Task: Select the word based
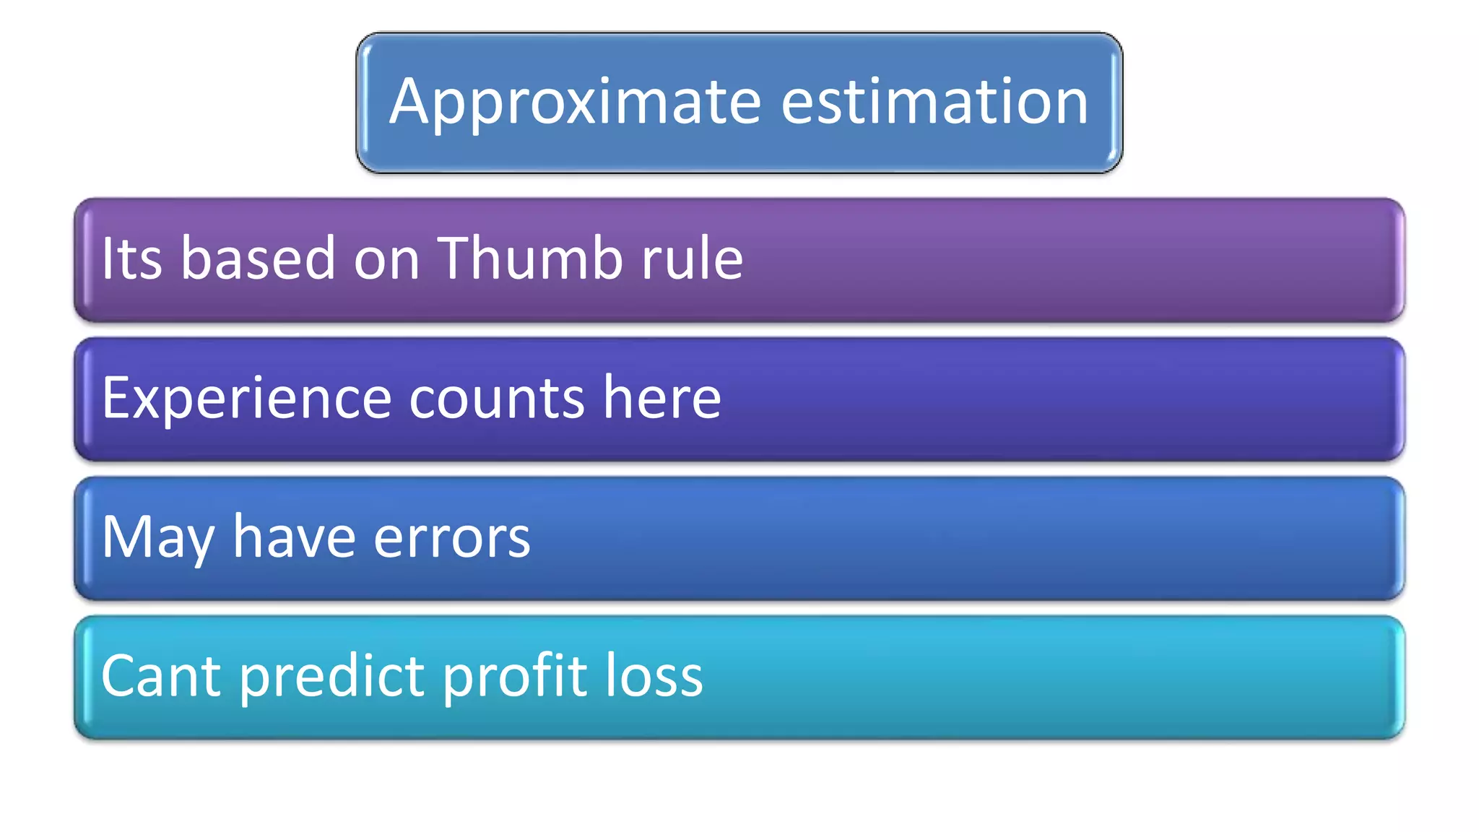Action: click(258, 258)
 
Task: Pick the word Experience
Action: click(246, 399)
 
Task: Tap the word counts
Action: click(497, 399)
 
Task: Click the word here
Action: click(662, 397)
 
